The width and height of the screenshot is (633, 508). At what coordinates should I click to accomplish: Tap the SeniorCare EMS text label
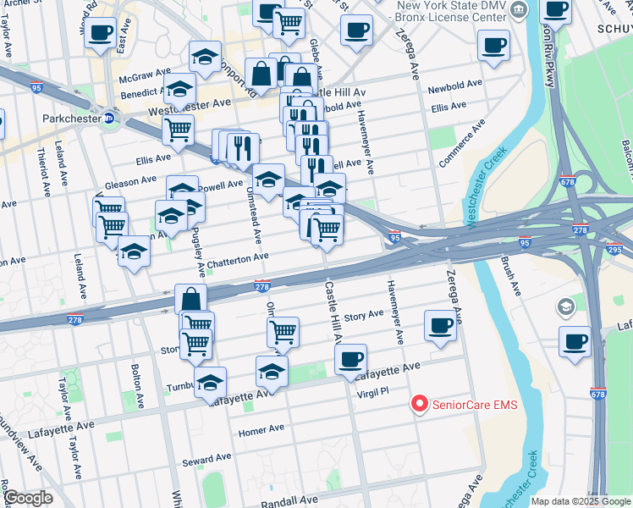[x=474, y=405]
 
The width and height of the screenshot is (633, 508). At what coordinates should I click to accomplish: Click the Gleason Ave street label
[x=130, y=180]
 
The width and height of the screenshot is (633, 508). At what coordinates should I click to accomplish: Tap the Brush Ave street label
[x=510, y=275]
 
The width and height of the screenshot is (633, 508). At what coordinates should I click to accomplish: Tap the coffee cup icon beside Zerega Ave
[x=440, y=325]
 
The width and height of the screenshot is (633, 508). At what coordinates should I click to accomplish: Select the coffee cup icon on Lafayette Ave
[x=350, y=358]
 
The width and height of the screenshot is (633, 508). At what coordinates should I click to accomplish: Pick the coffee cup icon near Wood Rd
[x=101, y=33]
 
